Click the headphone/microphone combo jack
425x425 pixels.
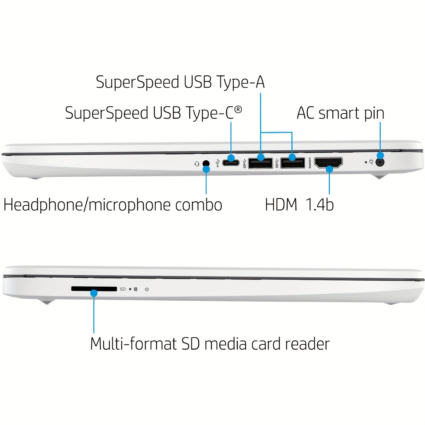[x=206, y=163]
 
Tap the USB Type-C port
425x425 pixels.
[x=231, y=163]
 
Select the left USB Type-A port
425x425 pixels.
[x=260, y=163]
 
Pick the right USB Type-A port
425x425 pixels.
[x=293, y=163]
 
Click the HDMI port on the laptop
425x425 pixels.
[x=328, y=163]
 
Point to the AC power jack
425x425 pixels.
[x=380, y=162]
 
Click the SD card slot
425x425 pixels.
[x=94, y=289]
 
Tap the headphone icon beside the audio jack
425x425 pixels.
[x=197, y=164]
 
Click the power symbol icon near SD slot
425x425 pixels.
[x=147, y=289]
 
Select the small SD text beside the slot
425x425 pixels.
[x=123, y=289]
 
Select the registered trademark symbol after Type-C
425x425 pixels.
[x=238, y=109]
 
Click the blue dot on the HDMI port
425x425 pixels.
[x=329, y=169]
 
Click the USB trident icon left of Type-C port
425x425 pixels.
[x=218, y=163]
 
